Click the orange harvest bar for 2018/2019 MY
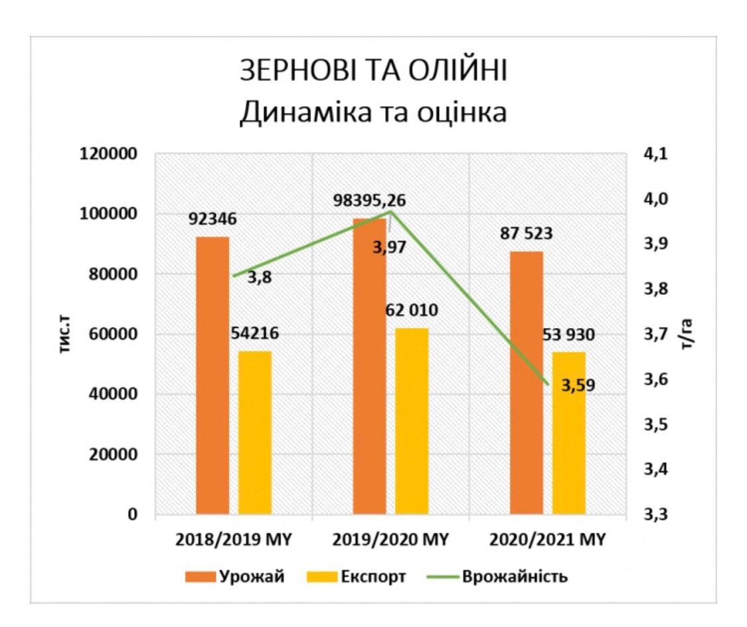[x=212, y=375]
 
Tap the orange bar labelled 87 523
[x=527, y=383]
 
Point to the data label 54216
[x=255, y=333]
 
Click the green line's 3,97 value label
[x=389, y=249]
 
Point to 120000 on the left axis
[x=109, y=154]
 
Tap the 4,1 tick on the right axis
[x=654, y=154]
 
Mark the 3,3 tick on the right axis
[x=654, y=515]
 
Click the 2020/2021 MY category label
[x=548, y=540]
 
